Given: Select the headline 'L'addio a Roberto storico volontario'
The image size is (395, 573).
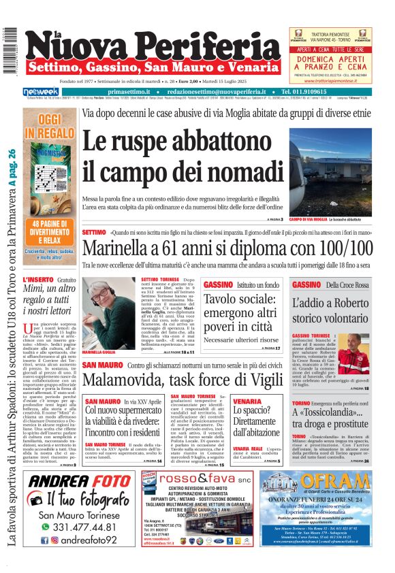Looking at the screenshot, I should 330,312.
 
